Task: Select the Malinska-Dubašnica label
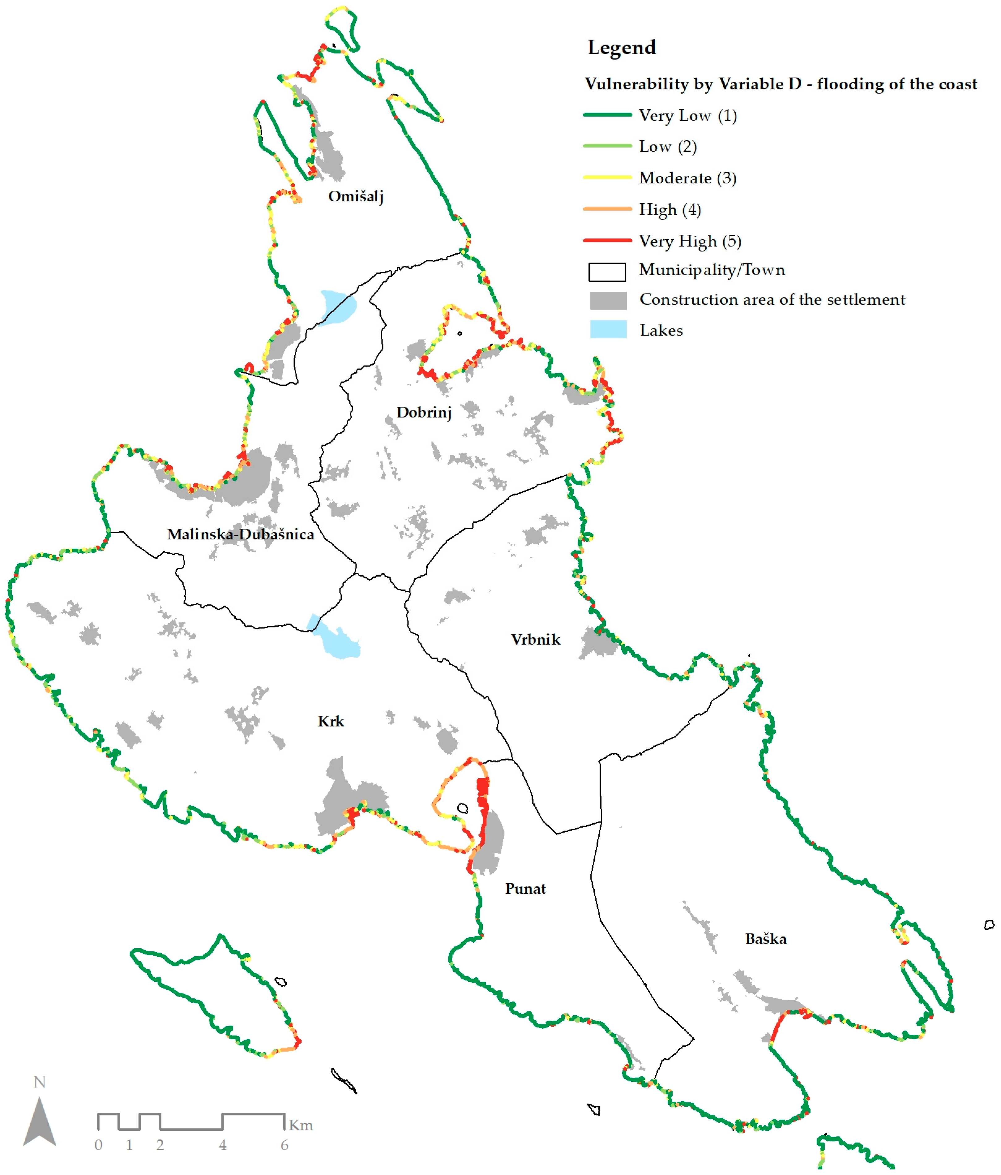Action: tap(241, 534)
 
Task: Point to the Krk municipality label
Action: tap(331, 721)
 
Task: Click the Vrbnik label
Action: tap(535, 640)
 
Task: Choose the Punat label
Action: tap(525, 889)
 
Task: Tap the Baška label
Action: tap(766, 939)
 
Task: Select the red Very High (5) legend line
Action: tap(607, 240)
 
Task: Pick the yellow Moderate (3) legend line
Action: tap(607, 178)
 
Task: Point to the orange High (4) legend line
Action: tap(607, 209)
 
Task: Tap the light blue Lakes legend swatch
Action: tap(608, 329)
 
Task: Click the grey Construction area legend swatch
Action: tap(608, 300)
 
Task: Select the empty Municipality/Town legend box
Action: tap(607, 272)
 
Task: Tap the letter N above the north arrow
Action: tap(39, 1082)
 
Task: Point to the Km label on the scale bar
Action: tap(301, 1125)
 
